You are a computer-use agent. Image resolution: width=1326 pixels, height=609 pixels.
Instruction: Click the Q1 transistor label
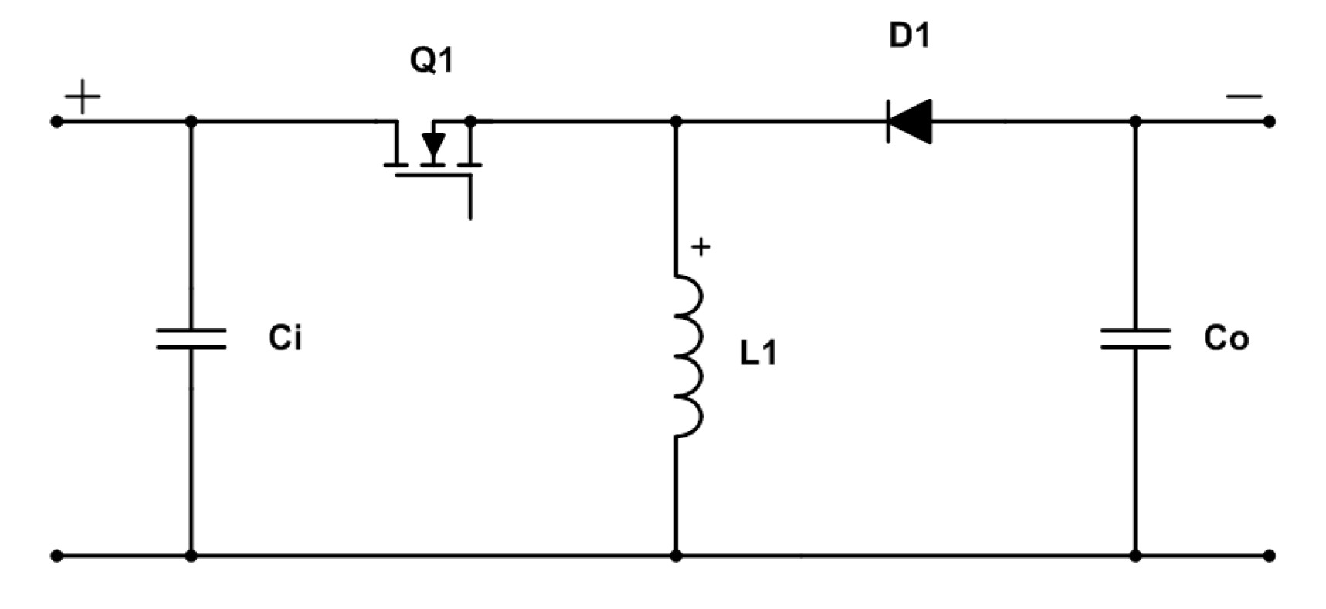click(432, 59)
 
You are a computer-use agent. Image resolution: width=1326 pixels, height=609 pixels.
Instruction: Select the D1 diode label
click(909, 36)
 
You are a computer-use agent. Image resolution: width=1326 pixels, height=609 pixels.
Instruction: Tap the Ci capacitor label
click(285, 338)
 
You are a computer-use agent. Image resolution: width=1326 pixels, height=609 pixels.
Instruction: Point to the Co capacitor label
click(1226, 338)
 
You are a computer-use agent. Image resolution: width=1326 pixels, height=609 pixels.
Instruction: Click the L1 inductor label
click(758, 354)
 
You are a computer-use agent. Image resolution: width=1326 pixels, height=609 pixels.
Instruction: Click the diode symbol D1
click(910, 121)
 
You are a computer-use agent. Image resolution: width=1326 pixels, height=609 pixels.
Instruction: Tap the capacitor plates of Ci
click(191, 339)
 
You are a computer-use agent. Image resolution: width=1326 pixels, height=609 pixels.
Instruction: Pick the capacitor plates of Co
click(1135, 339)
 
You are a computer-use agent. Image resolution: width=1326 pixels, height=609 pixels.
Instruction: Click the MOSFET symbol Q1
click(432, 151)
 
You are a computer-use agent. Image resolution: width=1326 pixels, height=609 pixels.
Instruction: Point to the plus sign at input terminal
click(83, 98)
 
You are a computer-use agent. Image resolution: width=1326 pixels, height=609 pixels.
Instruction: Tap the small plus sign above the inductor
click(700, 247)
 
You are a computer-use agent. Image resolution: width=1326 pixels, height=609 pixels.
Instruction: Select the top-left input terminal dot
click(56, 122)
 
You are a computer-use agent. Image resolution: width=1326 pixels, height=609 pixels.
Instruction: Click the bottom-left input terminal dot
click(56, 555)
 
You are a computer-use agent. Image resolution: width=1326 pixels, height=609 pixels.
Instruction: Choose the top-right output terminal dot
click(1270, 122)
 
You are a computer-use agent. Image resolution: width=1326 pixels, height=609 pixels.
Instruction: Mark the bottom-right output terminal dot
click(1270, 555)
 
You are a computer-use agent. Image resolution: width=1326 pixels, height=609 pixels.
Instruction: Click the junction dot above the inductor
click(676, 122)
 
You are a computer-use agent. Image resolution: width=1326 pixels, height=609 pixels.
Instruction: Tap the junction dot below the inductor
click(676, 555)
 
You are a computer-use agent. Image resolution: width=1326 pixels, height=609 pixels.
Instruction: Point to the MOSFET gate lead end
click(470, 217)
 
